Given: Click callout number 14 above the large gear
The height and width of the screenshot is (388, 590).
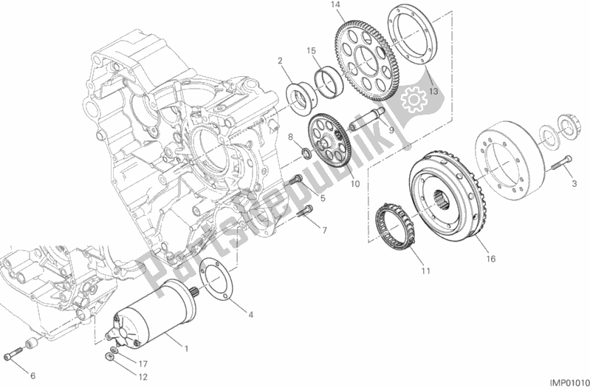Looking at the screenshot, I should click(336, 6).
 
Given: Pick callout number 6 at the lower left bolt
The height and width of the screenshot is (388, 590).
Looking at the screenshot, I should click(32, 376).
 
